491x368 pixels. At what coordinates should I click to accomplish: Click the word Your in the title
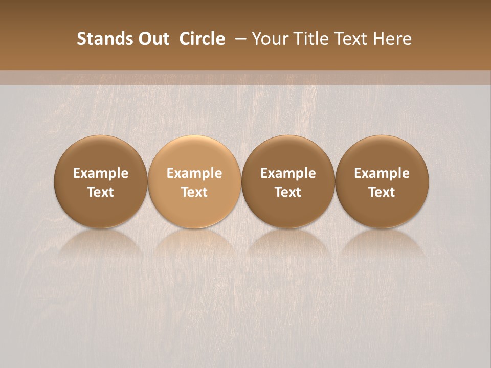269,39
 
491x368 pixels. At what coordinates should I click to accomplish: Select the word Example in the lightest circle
194,173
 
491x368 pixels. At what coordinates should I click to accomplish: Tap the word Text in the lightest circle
194,192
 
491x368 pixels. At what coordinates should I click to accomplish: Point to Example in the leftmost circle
101,173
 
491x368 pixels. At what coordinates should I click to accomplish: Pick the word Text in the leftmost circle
101,192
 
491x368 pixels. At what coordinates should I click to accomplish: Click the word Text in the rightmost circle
382,192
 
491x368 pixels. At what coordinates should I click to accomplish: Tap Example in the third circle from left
288,173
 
